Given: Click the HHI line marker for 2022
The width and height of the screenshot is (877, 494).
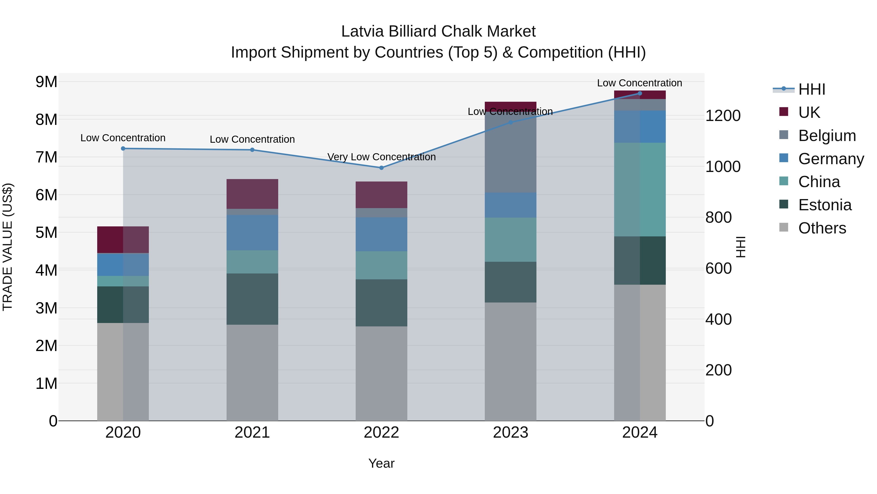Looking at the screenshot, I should pos(381,168).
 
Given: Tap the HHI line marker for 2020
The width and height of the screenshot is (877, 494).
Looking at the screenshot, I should pos(123,149).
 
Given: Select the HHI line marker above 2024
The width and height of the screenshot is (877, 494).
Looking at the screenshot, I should pos(640,93).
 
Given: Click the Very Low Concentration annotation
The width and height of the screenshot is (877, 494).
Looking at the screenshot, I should pos(381,157).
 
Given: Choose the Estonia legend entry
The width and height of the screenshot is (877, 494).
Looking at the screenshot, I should pos(825,205).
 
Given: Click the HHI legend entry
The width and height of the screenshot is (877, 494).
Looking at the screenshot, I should pos(812,89).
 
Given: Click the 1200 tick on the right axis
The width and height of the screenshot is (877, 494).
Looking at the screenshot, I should pos(723,116).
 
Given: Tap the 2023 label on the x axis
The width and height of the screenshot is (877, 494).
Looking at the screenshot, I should pos(510,433).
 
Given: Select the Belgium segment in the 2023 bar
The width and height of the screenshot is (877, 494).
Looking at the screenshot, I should pos(510,152).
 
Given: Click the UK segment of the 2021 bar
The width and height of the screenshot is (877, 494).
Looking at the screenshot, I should pos(252,194).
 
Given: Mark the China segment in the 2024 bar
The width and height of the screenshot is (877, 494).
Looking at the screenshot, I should pos(640,189).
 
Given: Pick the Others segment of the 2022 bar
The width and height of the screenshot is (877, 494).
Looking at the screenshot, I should pos(381,373).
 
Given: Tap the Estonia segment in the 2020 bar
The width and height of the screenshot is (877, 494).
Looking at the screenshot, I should pos(123,304).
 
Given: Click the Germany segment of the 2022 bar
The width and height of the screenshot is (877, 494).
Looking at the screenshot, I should pos(381,234).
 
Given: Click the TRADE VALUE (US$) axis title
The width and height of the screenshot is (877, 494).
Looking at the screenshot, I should pos(8,247).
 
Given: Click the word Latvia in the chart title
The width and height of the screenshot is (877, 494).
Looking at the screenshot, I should pos(362,32).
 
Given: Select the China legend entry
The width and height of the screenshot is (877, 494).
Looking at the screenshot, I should pos(819,182).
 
